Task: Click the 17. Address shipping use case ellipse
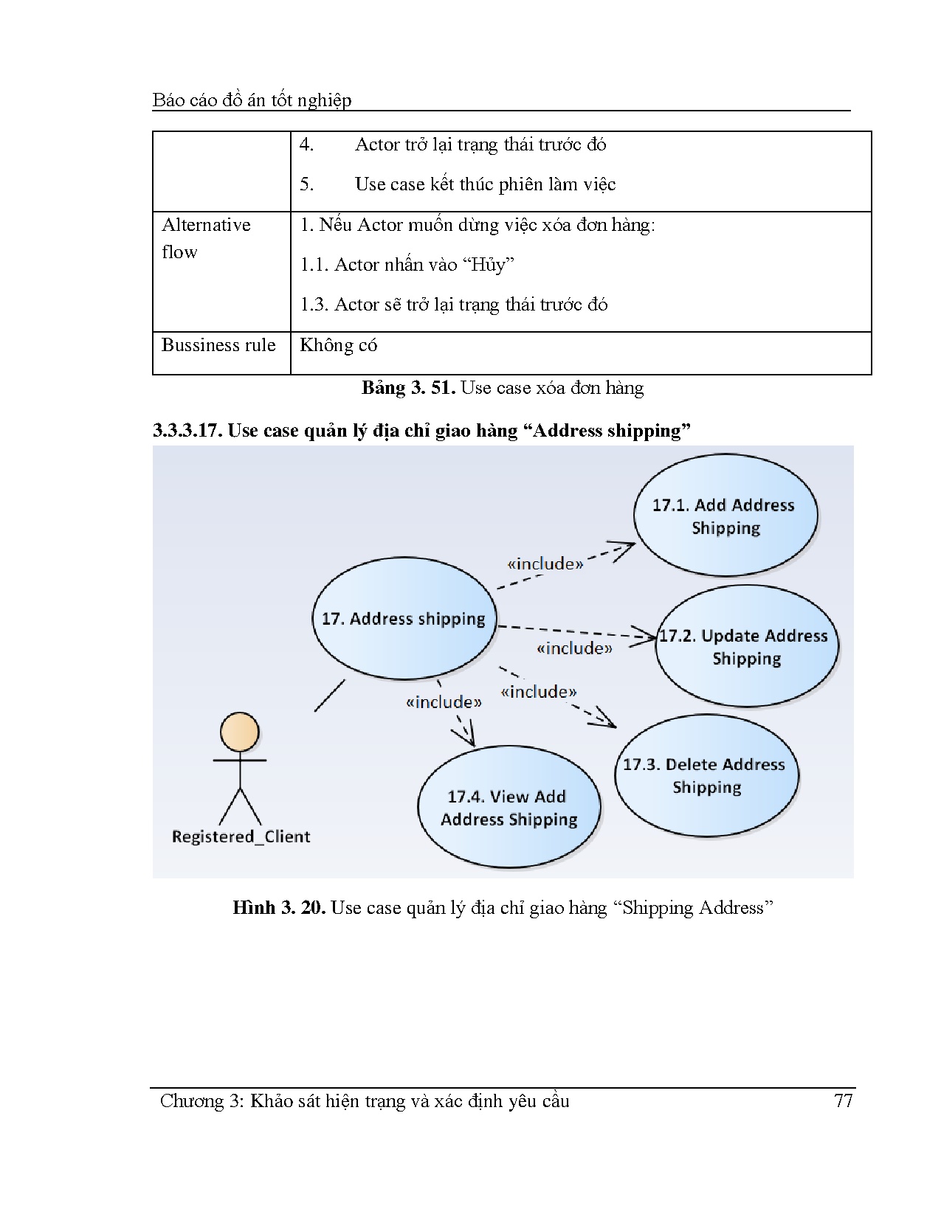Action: pyautogui.click(x=404, y=618)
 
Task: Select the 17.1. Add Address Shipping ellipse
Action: pyautogui.click(x=725, y=516)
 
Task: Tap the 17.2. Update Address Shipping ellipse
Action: pyautogui.click(x=746, y=647)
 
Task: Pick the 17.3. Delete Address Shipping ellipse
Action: pyautogui.click(x=706, y=775)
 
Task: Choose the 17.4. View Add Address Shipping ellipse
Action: pyautogui.click(x=509, y=808)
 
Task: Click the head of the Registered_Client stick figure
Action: pyautogui.click(x=240, y=732)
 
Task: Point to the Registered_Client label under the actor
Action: pyautogui.click(x=241, y=836)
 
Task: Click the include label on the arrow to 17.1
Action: pyautogui.click(x=545, y=564)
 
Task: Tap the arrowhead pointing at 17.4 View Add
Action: pyautogui.click(x=466, y=738)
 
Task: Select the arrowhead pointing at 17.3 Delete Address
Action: pyautogui.click(x=607, y=721)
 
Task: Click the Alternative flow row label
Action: pyautogui.click(x=206, y=238)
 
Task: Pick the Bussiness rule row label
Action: pyautogui.click(x=218, y=345)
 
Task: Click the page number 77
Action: pyautogui.click(x=843, y=1101)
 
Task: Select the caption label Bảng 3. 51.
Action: pyautogui.click(x=407, y=388)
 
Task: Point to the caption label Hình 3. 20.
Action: pyautogui.click(x=279, y=907)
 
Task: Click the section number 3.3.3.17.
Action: pyautogui.click(x=187, y=431)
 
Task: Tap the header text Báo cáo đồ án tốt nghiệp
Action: pyautogui.click(x=252, y=100)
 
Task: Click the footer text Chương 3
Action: pyautogui.click(x=201, y=1101)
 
